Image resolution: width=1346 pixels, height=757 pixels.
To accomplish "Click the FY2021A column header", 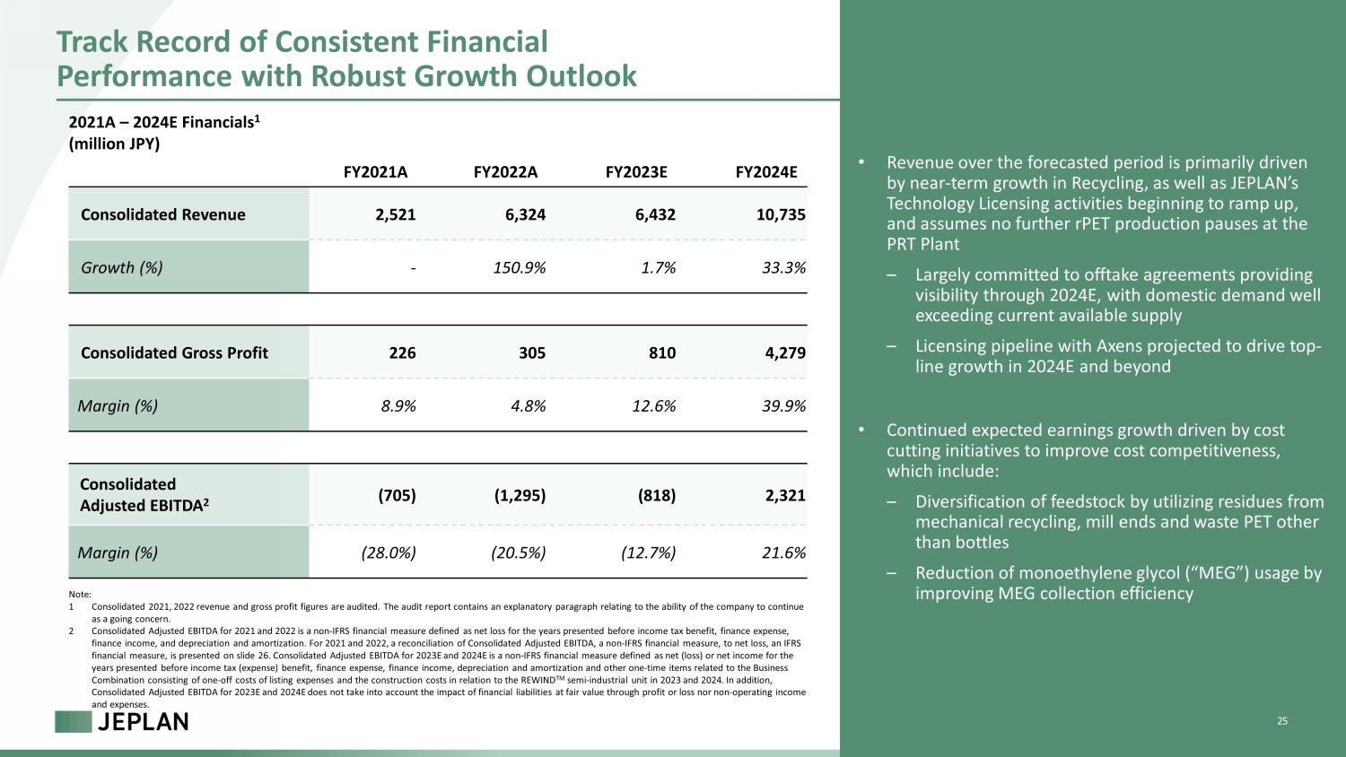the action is click(376, 172).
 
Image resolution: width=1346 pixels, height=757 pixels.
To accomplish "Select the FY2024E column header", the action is click(766, 172).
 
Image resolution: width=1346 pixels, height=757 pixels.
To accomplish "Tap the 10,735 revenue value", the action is click(781, 214).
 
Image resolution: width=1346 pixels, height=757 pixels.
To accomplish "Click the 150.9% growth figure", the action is click(520, 267).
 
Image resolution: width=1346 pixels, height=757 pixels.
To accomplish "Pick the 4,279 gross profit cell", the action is click(785, 352).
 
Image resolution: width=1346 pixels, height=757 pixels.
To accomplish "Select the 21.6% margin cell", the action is click(783, 553).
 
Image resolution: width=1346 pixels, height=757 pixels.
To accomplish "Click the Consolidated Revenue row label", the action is click(162, 214).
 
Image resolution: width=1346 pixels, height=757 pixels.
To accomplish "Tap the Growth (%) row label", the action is click(122, 267).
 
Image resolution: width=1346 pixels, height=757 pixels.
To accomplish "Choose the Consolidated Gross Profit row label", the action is click(174, 352).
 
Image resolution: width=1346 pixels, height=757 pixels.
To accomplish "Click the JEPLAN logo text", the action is click(143, 722).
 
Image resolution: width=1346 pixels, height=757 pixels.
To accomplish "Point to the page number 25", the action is click(1282, 721).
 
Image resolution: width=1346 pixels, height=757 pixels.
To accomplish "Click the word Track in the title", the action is click(92, 42).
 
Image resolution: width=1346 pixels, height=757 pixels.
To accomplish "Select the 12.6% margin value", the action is click(654, 406).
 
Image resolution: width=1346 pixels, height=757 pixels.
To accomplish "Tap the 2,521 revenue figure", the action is click(396, 214).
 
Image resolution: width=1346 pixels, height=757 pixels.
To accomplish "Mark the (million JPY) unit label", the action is click(114, 144).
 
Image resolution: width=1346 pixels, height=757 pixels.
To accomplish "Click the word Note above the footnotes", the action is click(80, 594).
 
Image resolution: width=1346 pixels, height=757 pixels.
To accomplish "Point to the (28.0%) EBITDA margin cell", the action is click(389, 553).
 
